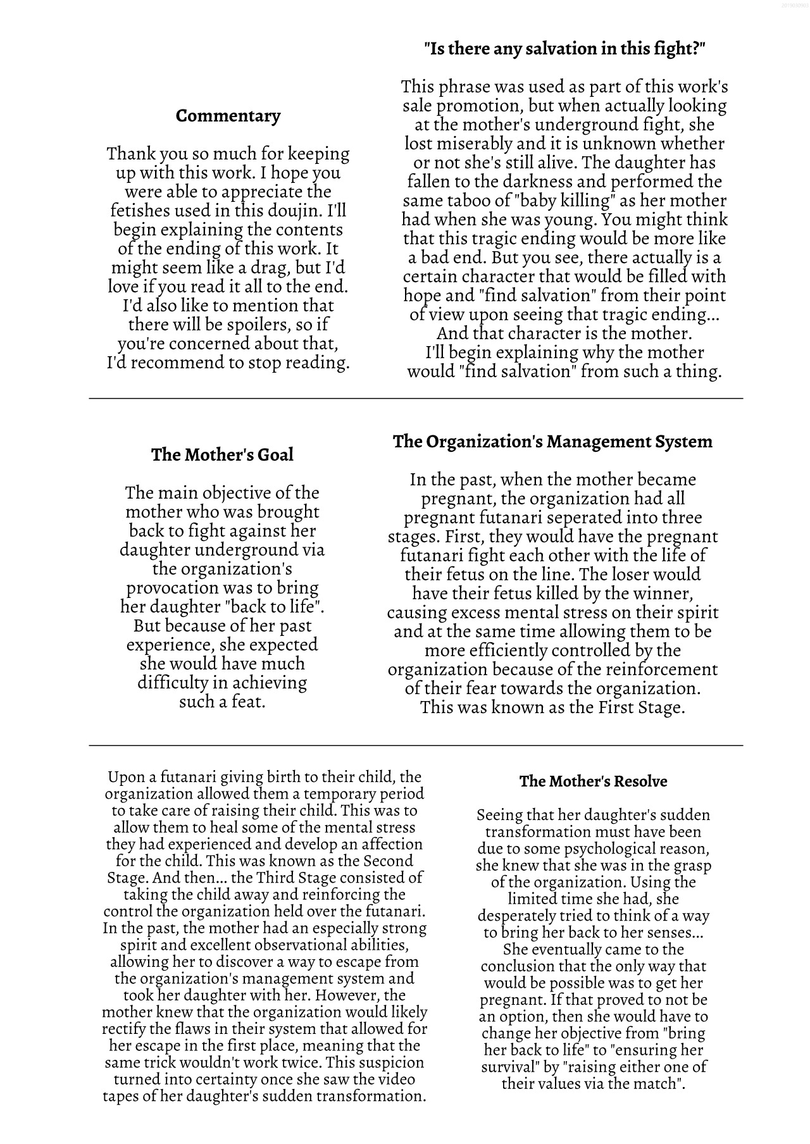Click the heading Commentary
(228, 116)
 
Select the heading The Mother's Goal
(222, 455)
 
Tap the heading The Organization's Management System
(552, 442)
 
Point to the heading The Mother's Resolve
(593, 781)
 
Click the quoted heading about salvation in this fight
(564, 49)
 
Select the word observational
(302, 945)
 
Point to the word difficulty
(173, 683)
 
